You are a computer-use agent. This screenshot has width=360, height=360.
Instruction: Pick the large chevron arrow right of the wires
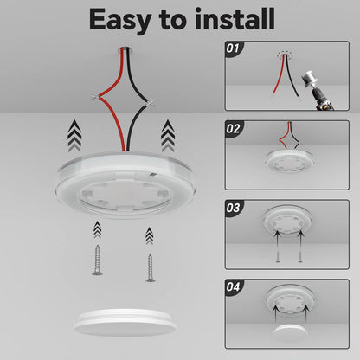tap(167, 137)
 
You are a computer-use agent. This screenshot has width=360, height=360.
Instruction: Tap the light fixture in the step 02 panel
tap(288, 160)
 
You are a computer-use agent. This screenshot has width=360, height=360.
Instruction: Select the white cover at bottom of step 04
tap(289, 333)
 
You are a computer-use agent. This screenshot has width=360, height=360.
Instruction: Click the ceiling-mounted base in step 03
tap(289, 224)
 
